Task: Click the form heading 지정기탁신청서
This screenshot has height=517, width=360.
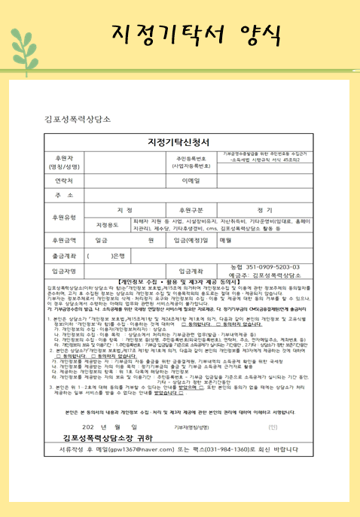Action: coord(180,141)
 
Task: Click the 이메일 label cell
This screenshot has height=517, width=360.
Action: coord(191,181)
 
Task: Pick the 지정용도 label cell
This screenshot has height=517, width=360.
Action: coord(108,224)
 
